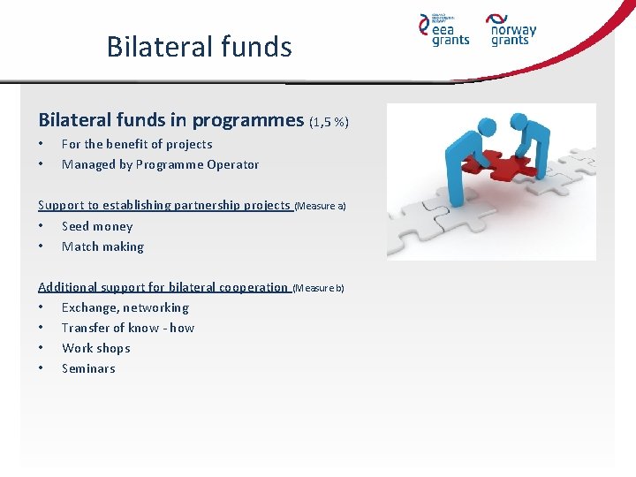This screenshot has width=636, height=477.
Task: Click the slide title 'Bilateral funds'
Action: [199, 46]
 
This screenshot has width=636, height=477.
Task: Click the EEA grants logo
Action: [443, 29]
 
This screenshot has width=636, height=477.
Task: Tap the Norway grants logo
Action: [511, 29]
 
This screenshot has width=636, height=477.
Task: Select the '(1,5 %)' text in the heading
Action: [329, 121]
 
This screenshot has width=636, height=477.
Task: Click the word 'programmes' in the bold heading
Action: [248, 120]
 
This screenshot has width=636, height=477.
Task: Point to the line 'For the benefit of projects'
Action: [137, 144]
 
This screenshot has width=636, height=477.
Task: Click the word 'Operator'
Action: [233, 164]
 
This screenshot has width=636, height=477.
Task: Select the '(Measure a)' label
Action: [320, 206]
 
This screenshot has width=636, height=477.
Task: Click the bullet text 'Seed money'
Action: [97, 226]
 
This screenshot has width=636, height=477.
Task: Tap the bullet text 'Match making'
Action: [102, 246]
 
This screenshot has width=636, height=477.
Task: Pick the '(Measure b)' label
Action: [318, 288]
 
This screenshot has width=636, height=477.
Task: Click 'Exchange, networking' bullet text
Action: [125, 307]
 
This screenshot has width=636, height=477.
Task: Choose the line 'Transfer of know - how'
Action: [128, 328]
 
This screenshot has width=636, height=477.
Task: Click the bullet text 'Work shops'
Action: [95, 348]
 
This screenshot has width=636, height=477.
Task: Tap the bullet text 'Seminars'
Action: [88, 368]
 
